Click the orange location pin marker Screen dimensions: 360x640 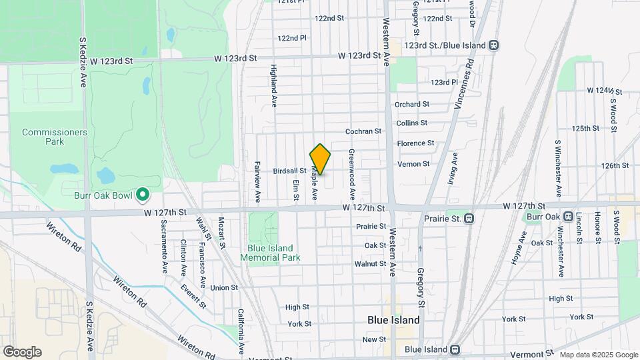point(320,159)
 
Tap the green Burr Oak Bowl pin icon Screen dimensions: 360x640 point(142,195)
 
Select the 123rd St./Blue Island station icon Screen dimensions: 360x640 point(493,45)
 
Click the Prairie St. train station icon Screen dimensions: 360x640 point(469,218)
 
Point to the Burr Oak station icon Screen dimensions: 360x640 point(568,216)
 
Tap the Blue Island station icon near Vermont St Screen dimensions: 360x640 point(454,349)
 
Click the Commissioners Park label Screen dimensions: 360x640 point(55,137)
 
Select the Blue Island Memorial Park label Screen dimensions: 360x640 point(270,253)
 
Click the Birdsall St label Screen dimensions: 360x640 point(289,171)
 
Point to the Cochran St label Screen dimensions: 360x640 point(363,131)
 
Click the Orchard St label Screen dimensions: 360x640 point(412,104)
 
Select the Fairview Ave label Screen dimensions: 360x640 point(257,181)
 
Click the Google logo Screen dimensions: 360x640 point(22,352)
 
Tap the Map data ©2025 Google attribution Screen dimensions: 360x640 point(598,355)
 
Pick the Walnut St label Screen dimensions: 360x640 point(371,264)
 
